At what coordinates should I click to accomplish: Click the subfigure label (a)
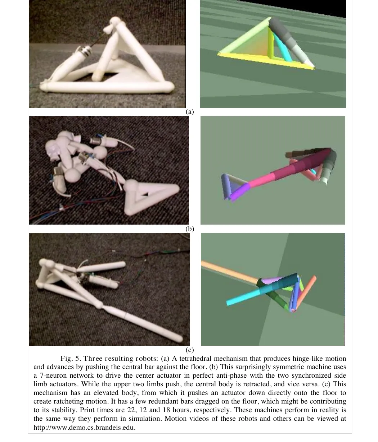[x=190, y=112]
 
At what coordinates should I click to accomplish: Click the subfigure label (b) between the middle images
[x=190, y=229]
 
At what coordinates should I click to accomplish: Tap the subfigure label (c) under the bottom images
[x=190, y=350]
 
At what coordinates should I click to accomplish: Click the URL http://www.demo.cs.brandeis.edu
[x=85, y=428]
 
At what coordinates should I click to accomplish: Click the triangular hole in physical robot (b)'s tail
[x=145, y=194]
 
